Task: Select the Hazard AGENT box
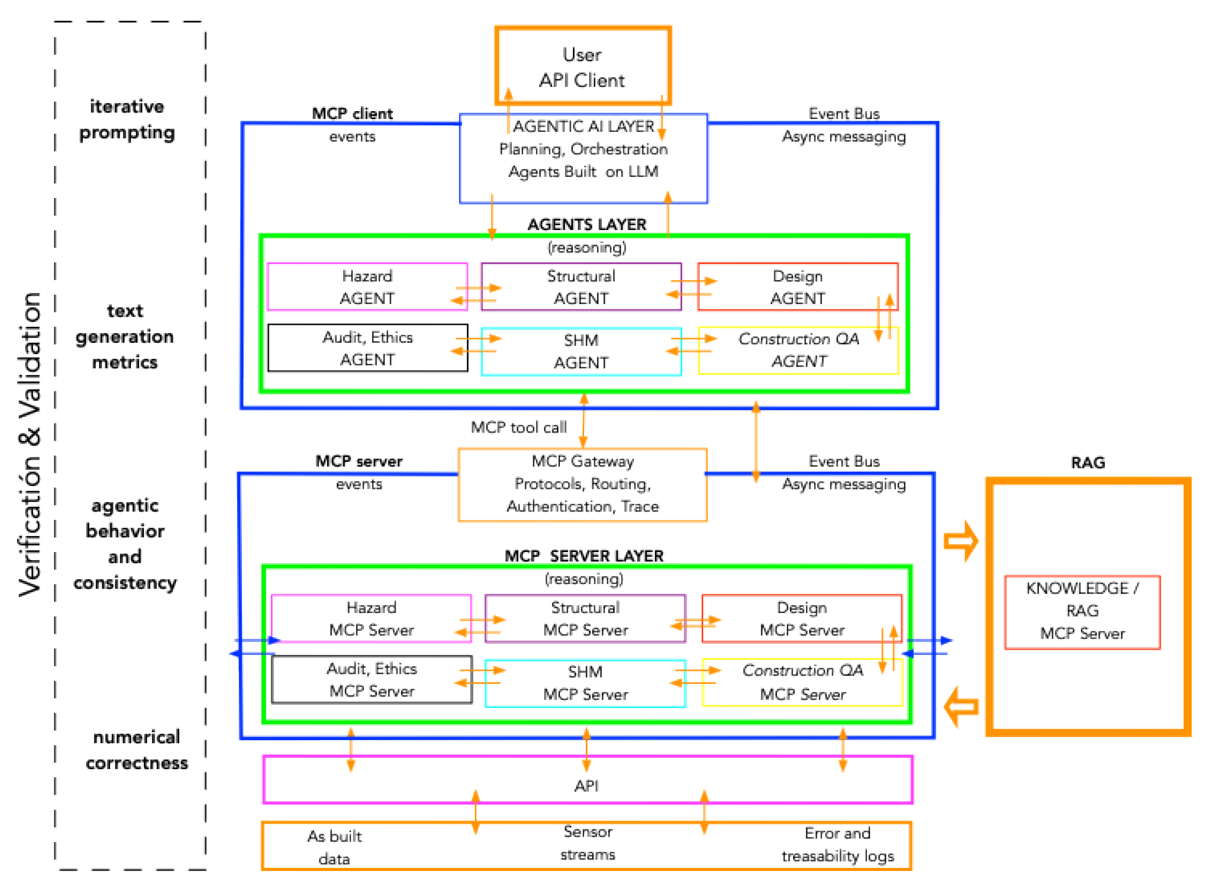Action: click(367, 287)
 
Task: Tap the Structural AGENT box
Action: click(581, 287)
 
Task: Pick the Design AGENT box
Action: click(797, 287)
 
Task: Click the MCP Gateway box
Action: click(583, 484)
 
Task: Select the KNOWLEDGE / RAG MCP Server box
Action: click(1082, 611)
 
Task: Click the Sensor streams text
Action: click(587, 843)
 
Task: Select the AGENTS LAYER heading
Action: click(586, 224)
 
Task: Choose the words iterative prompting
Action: click(127, 119)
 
